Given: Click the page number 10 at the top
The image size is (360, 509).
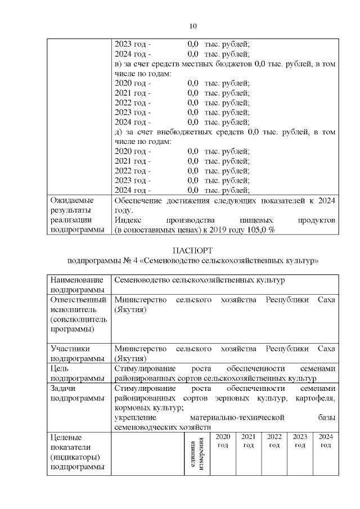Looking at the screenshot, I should tap(192, 26).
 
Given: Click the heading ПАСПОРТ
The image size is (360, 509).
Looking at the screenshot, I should tap(192, 250).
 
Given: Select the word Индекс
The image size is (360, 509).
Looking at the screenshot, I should tap(127, 220).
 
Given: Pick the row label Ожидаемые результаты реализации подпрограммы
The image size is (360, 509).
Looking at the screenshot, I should tap(78, 215).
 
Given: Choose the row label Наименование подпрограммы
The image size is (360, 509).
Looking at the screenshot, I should tap(77, 284).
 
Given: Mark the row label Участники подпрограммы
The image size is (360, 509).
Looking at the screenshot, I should tap(78, 353).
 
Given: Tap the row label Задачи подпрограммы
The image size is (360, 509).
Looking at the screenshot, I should tap(78, 393).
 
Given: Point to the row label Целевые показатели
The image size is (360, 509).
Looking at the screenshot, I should tap(76, 452).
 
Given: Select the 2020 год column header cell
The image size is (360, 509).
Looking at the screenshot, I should tap(223, 441).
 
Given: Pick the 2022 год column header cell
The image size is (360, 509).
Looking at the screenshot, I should tap(274, 441).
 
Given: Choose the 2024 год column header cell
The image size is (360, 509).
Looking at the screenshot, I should tap(325, 441).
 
